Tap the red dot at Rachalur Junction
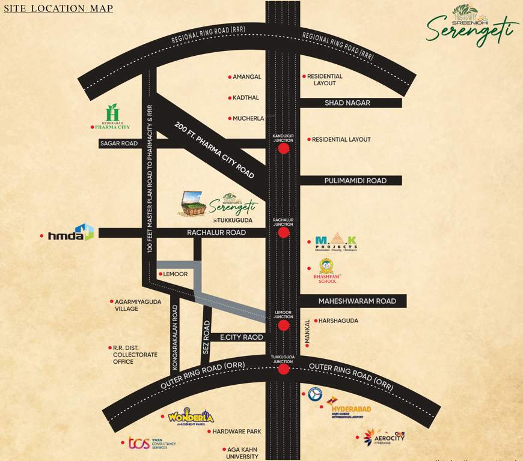coord(284,232)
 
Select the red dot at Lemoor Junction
coord(284,325)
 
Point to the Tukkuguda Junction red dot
coord(284,370)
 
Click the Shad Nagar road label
coord(347,103)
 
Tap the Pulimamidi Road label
coord(355,181)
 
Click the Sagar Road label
coord(119,143)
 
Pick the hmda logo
coord(71,233)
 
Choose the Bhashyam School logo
coord(327,271)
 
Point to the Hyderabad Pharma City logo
coord(112,117)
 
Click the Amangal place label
coord(246,77)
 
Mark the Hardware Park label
coord(236,431)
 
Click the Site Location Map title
coord(58,8)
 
